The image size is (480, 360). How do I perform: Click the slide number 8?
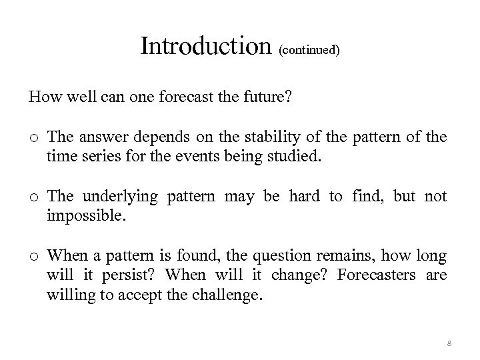pos(448,343)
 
